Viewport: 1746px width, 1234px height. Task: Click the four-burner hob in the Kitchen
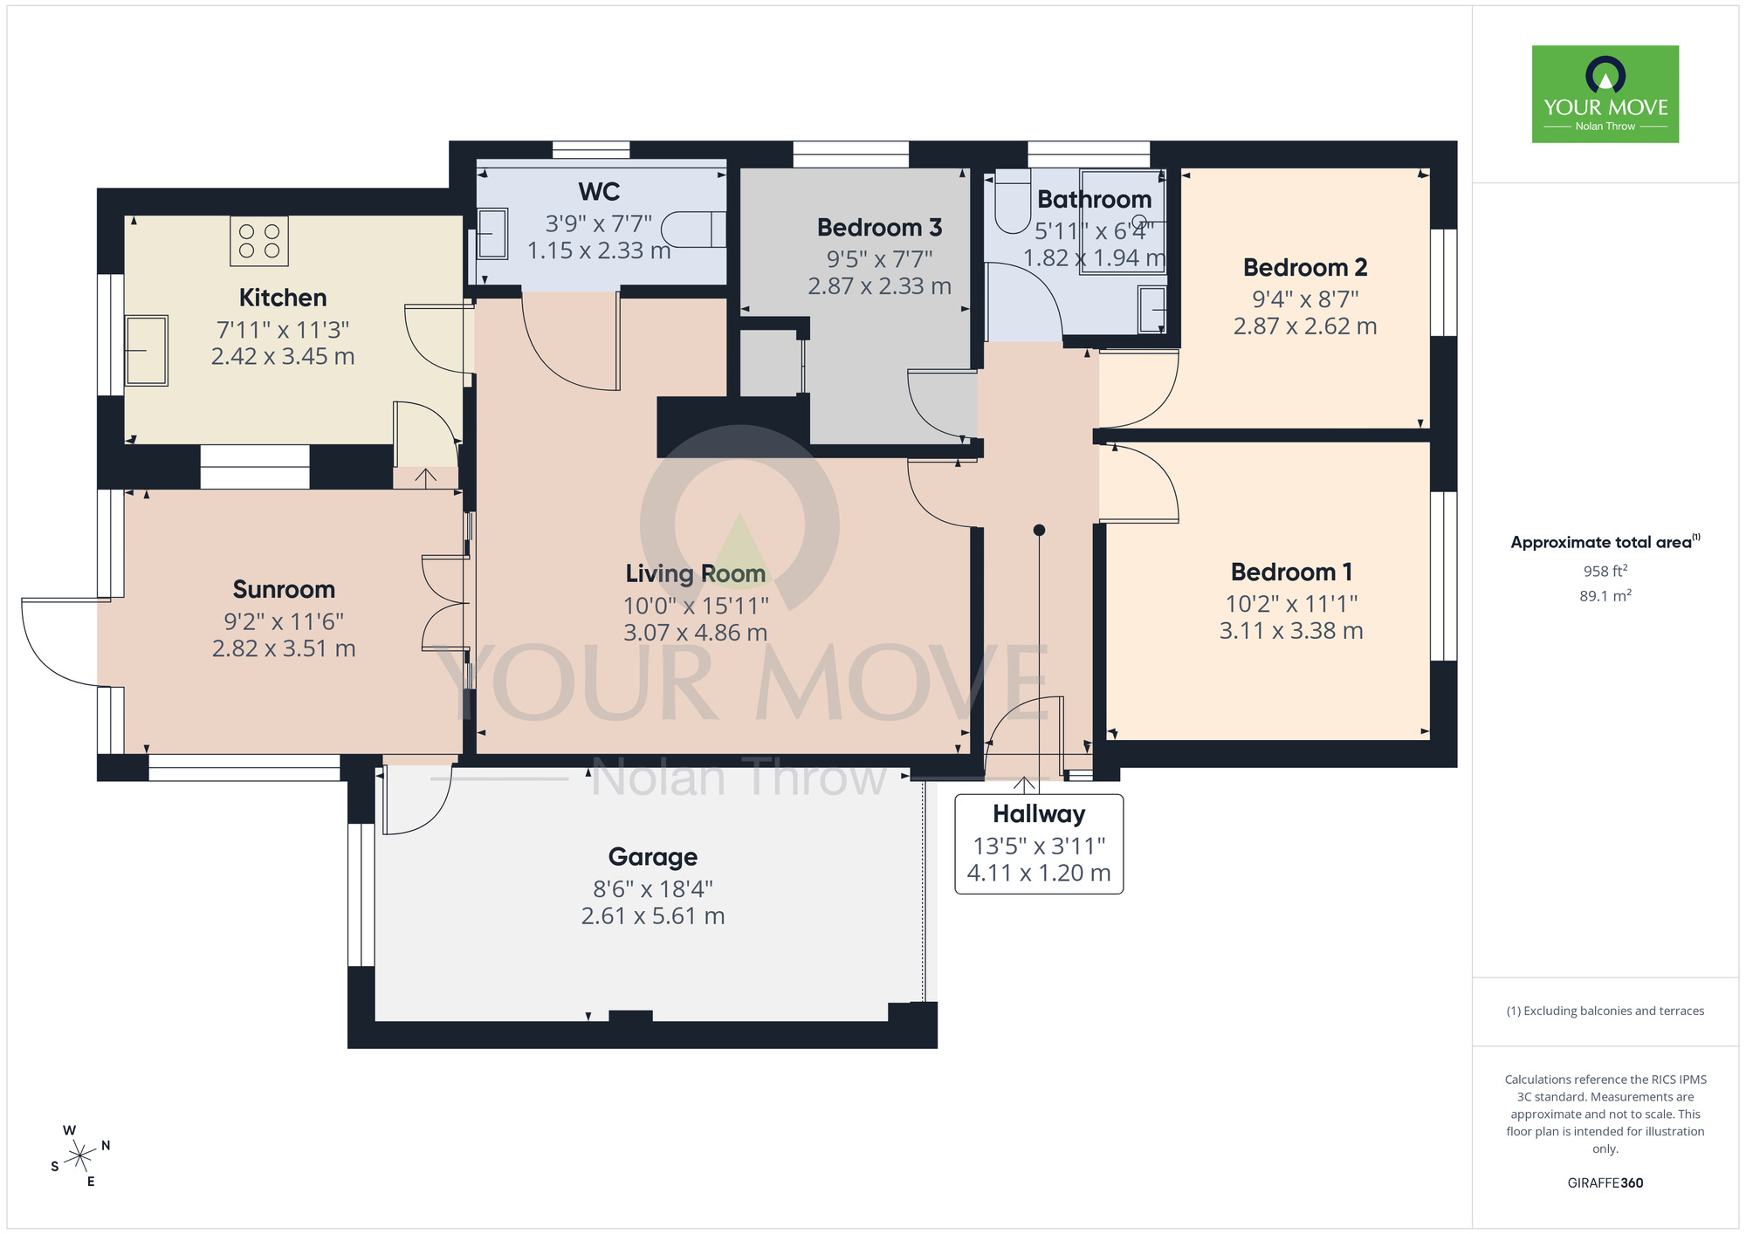[259, 241]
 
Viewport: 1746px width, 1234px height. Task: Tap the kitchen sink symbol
[146, 351]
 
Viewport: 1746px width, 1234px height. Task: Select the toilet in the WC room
[693, 230]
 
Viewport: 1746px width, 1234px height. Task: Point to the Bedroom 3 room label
[879, 228]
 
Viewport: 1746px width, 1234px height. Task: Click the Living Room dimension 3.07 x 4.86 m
[695, 633]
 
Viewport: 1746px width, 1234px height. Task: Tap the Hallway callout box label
[1039, 814]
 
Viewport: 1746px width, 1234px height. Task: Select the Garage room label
[653, 857]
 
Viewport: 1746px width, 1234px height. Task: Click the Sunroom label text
[284, 590]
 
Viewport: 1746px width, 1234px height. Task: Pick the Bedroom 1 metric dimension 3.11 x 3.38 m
[1291, 631]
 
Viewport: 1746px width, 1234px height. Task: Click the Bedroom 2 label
[1305, 268]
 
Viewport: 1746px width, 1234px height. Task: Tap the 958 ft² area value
[1605, 572]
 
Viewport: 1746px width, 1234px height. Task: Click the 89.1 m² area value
[1605, 596]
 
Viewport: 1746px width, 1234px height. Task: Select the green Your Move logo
[1605, 94]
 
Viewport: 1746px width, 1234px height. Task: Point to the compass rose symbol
[80, 1156]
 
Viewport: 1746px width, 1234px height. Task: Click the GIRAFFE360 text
[1605, 1183]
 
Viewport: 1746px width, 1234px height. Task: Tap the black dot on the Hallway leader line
[1039, 530]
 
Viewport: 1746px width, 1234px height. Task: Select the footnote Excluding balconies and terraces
[1605, 1011]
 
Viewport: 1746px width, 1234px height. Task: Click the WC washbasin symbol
[492, 233]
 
